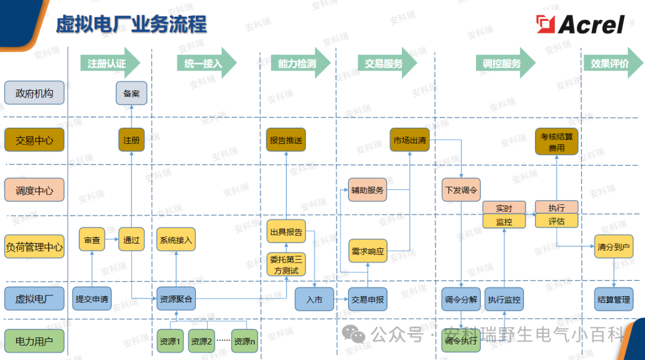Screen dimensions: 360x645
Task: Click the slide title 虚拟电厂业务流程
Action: click(131, 24)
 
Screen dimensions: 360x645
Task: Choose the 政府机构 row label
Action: click(34, 94)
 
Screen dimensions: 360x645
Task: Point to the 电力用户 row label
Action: click(34, 342)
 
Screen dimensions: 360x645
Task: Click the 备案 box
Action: click(131, 94)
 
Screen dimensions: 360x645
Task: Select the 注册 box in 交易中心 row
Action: click(131, 140)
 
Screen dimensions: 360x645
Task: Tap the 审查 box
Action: click(92, 240)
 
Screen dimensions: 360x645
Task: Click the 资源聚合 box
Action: click(176, 299)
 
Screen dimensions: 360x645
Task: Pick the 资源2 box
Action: click(201, 342)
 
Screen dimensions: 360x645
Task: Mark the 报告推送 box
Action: click(286, 140)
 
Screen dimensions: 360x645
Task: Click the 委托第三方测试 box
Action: click(286, 264)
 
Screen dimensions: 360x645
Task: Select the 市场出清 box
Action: click(410, 140)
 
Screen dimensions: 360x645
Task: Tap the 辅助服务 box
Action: click(367, 190)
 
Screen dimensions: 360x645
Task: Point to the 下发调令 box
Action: click(461, 190)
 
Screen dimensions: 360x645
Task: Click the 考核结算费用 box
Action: click(557, 142)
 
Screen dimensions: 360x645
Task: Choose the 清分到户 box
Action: click(613, 247)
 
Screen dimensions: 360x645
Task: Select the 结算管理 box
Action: click(613, 299)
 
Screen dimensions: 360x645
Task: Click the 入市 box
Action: click(314, 299)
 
